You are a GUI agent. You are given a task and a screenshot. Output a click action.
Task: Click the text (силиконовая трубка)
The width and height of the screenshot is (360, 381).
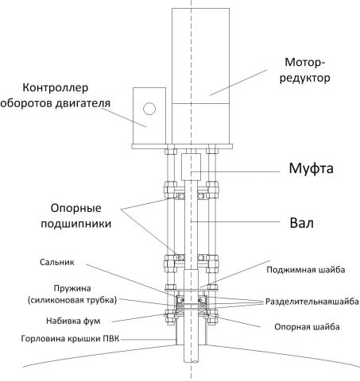[60, 299]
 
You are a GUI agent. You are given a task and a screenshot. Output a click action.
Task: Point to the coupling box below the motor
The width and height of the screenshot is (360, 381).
[190, 166]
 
